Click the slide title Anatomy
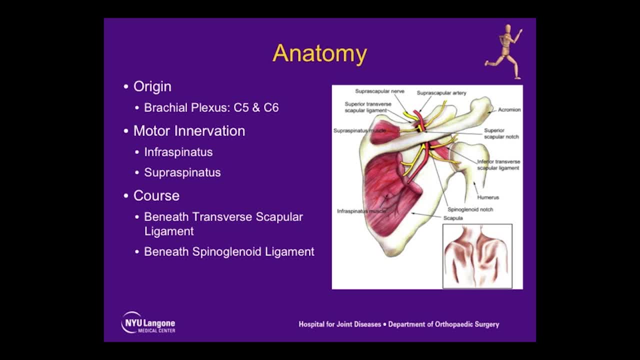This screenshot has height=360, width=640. point(319,53)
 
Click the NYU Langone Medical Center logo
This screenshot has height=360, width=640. point(148,323)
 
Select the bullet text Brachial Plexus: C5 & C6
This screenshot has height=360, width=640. point(211,107)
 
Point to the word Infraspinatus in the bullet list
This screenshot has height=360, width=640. point(178,152)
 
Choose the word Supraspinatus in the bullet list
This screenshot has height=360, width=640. point(182,172)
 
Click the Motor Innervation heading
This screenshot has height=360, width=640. point(189,131)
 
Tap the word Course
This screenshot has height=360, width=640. point(156,195)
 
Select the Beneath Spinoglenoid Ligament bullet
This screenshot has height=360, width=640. point(229,251)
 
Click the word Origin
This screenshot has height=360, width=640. point(152,86)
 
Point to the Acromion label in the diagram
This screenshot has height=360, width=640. point(509,110)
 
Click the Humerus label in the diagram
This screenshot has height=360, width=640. point(487,197)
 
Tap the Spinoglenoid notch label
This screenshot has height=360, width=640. point(470,209)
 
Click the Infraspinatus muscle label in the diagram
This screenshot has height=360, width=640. point(361,211)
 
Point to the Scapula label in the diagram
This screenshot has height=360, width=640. point(453,218)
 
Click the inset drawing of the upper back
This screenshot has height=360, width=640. point(477,256)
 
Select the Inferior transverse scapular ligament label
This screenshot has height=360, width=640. point(498,165)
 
